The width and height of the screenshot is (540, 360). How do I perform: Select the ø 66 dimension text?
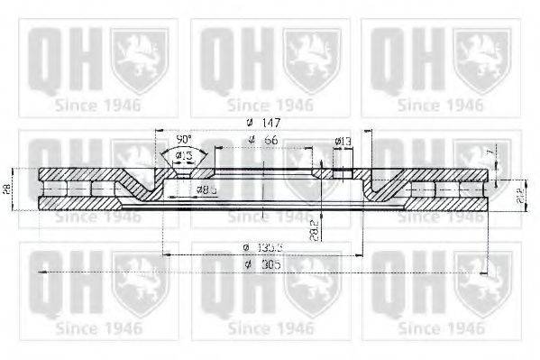(261, 139)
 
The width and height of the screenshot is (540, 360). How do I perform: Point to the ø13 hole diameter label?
(343, 141)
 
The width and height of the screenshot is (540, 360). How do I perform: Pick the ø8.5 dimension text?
(209, 189)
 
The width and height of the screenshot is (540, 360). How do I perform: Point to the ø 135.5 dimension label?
(261, 247)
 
